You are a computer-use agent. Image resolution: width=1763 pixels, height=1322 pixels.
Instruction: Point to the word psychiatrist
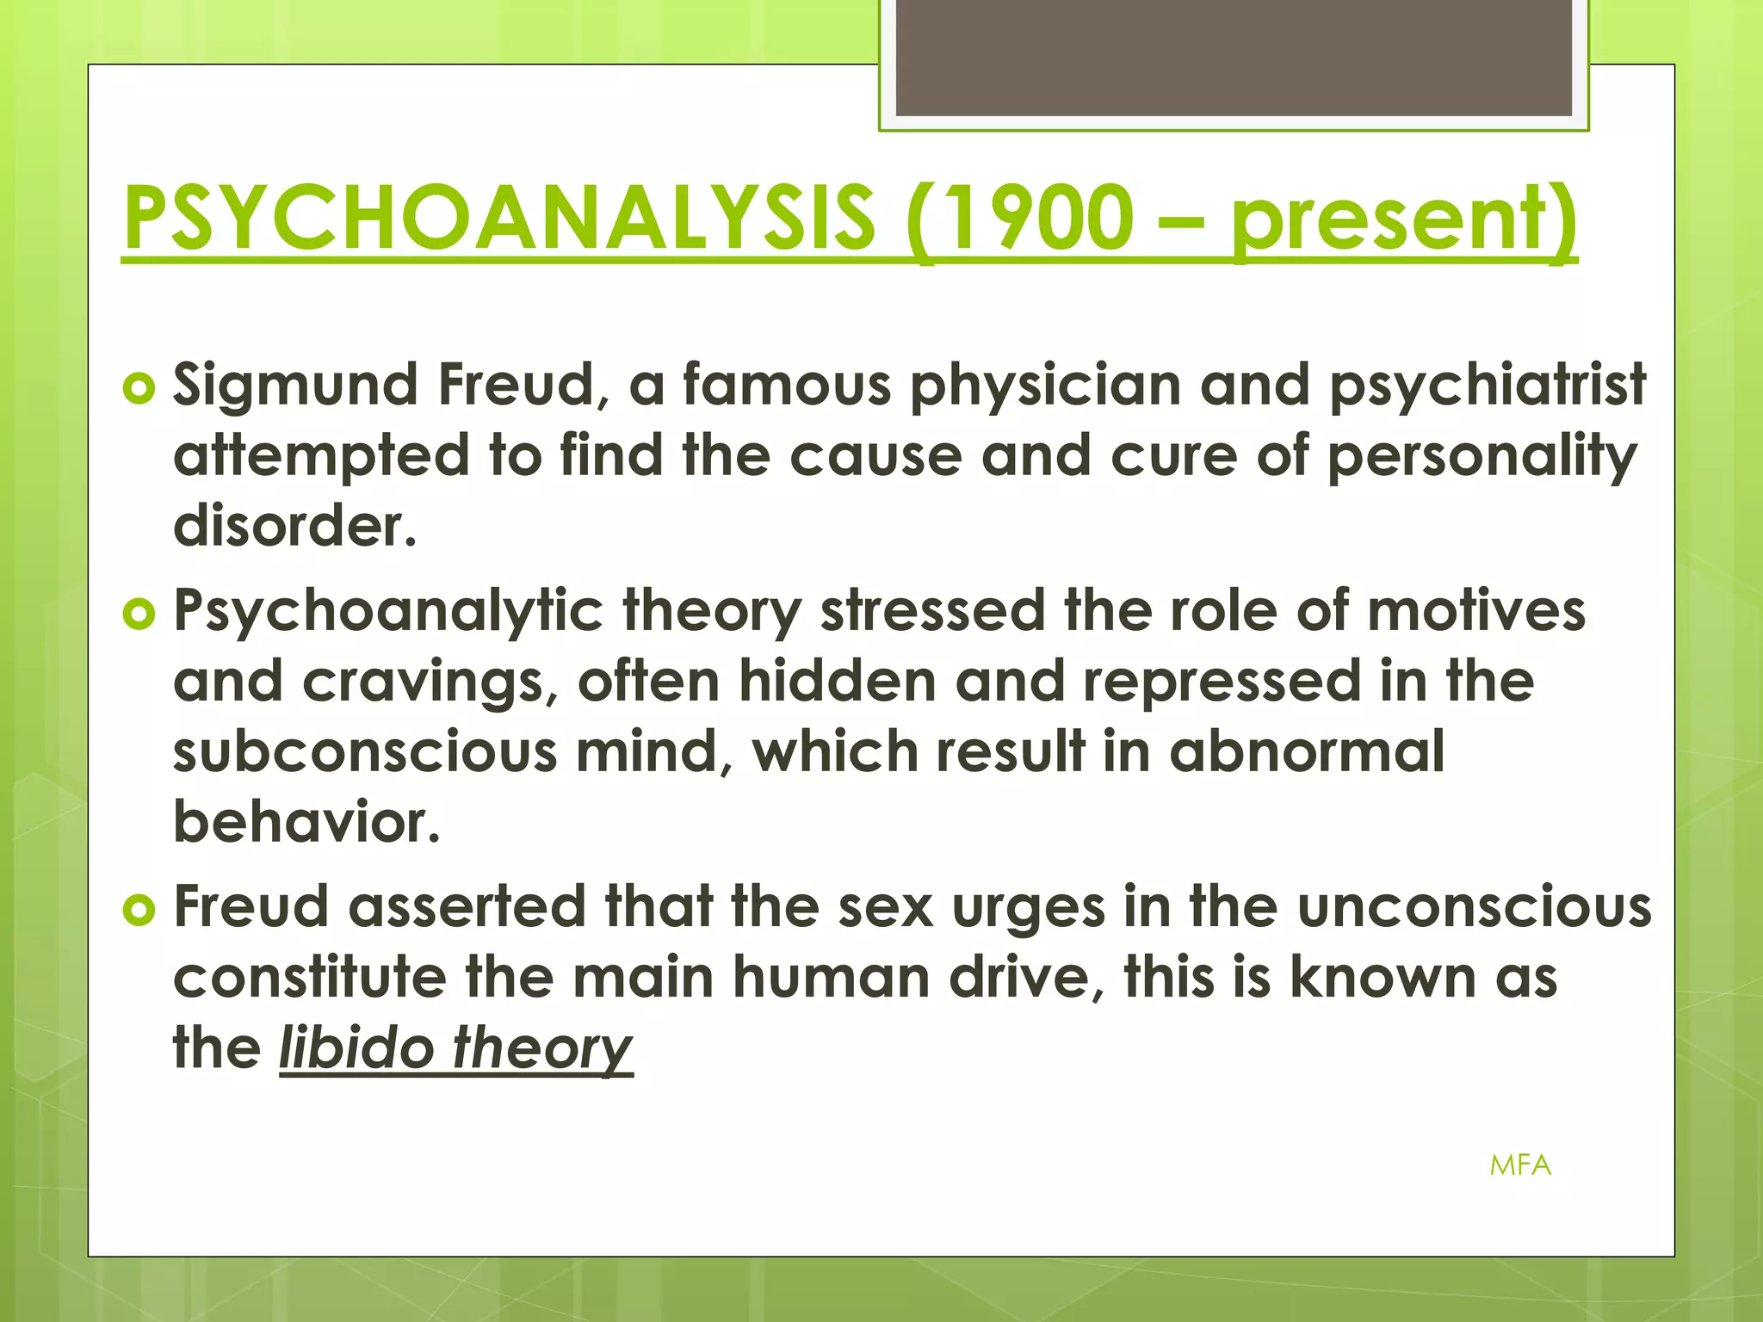pyautogui.click(x=1488, y=385)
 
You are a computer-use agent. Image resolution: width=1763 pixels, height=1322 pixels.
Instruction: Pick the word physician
pyautogui.click(x=1045, y=385)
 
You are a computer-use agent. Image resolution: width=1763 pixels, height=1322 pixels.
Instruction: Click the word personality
pyautogui.click(x=1481, y=456)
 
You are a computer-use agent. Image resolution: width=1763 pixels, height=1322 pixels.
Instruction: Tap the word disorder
pyautogui.click(x=294, y=526)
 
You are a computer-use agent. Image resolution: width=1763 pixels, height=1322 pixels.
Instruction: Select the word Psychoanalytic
pyautogui.click(x=388, y=611)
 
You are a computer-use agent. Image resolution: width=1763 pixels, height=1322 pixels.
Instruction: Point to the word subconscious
pyautogui.click(x=365, y=751)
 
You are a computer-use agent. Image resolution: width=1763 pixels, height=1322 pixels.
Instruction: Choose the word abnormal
pyautogui.click(x=1307, y=751)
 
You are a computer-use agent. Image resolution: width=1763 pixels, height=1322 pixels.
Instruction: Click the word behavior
pyautogui.click(x=306, y=822)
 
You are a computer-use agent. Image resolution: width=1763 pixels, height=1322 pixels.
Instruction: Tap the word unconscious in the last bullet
pyautogui.click(x=1474, y=907)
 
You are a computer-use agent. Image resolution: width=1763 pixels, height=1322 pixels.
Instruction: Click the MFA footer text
pyautogui.click(x=1520, y=1165)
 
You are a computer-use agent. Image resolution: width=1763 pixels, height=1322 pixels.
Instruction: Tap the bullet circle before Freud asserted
pyautogui.click(x=139, y=911)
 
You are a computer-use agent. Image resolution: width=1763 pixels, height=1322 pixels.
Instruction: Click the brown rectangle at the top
pyautogui.click(x=1234, y=59)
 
